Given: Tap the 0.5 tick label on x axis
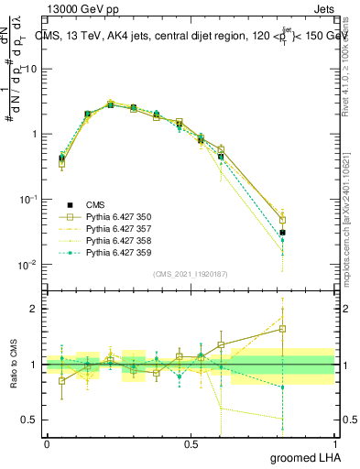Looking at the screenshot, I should pyautogui.click(x=191, y=443).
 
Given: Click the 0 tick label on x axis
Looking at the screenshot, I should pyautogui.click(x=47, y=443).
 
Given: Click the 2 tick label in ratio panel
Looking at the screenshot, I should pyautogui.click(x=35, y=309).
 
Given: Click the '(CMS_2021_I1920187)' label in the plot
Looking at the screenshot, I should pyautogui.click(x=191, y=274).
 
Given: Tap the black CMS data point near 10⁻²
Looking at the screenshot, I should pyautogui.click(x=283, y=233).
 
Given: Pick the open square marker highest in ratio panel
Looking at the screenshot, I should pyautogui.click(x=283, y=328).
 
